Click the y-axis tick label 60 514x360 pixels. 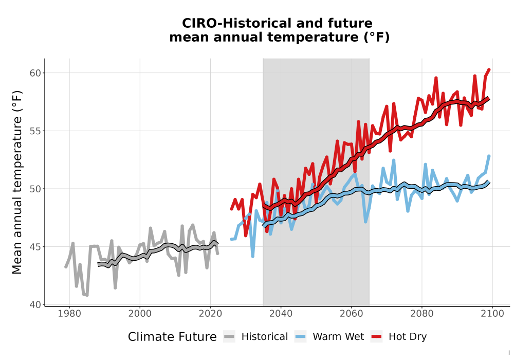click(x=35, y=73)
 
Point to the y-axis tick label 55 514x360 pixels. click(x=35, y=131)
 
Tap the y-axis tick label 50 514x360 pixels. click(x=35, y=189)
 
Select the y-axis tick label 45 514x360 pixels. click(x=35, y=247)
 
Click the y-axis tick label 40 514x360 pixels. click(x=35, y=305)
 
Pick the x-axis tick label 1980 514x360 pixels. click(x=69, y=314)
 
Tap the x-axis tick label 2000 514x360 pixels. click(x=140, y=314)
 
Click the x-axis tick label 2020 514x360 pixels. click(x=210, y=314)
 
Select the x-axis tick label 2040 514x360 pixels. click(x=281, y=314)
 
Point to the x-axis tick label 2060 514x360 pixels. click(x=352, y=314)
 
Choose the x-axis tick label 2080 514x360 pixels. click(x=422, y=314)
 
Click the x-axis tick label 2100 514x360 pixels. click(x=492, y=314)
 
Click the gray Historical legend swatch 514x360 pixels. click(x=229, y=337)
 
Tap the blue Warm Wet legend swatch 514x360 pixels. click(x=300, y=337)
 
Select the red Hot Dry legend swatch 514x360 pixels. click(x=377, y=337)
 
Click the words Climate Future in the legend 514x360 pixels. click(x=172, y=337)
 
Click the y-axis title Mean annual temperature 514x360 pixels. click(x=17, y=182)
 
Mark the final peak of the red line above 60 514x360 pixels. click(x=489, y=69)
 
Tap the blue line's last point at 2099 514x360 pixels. click(x=489, y=156)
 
